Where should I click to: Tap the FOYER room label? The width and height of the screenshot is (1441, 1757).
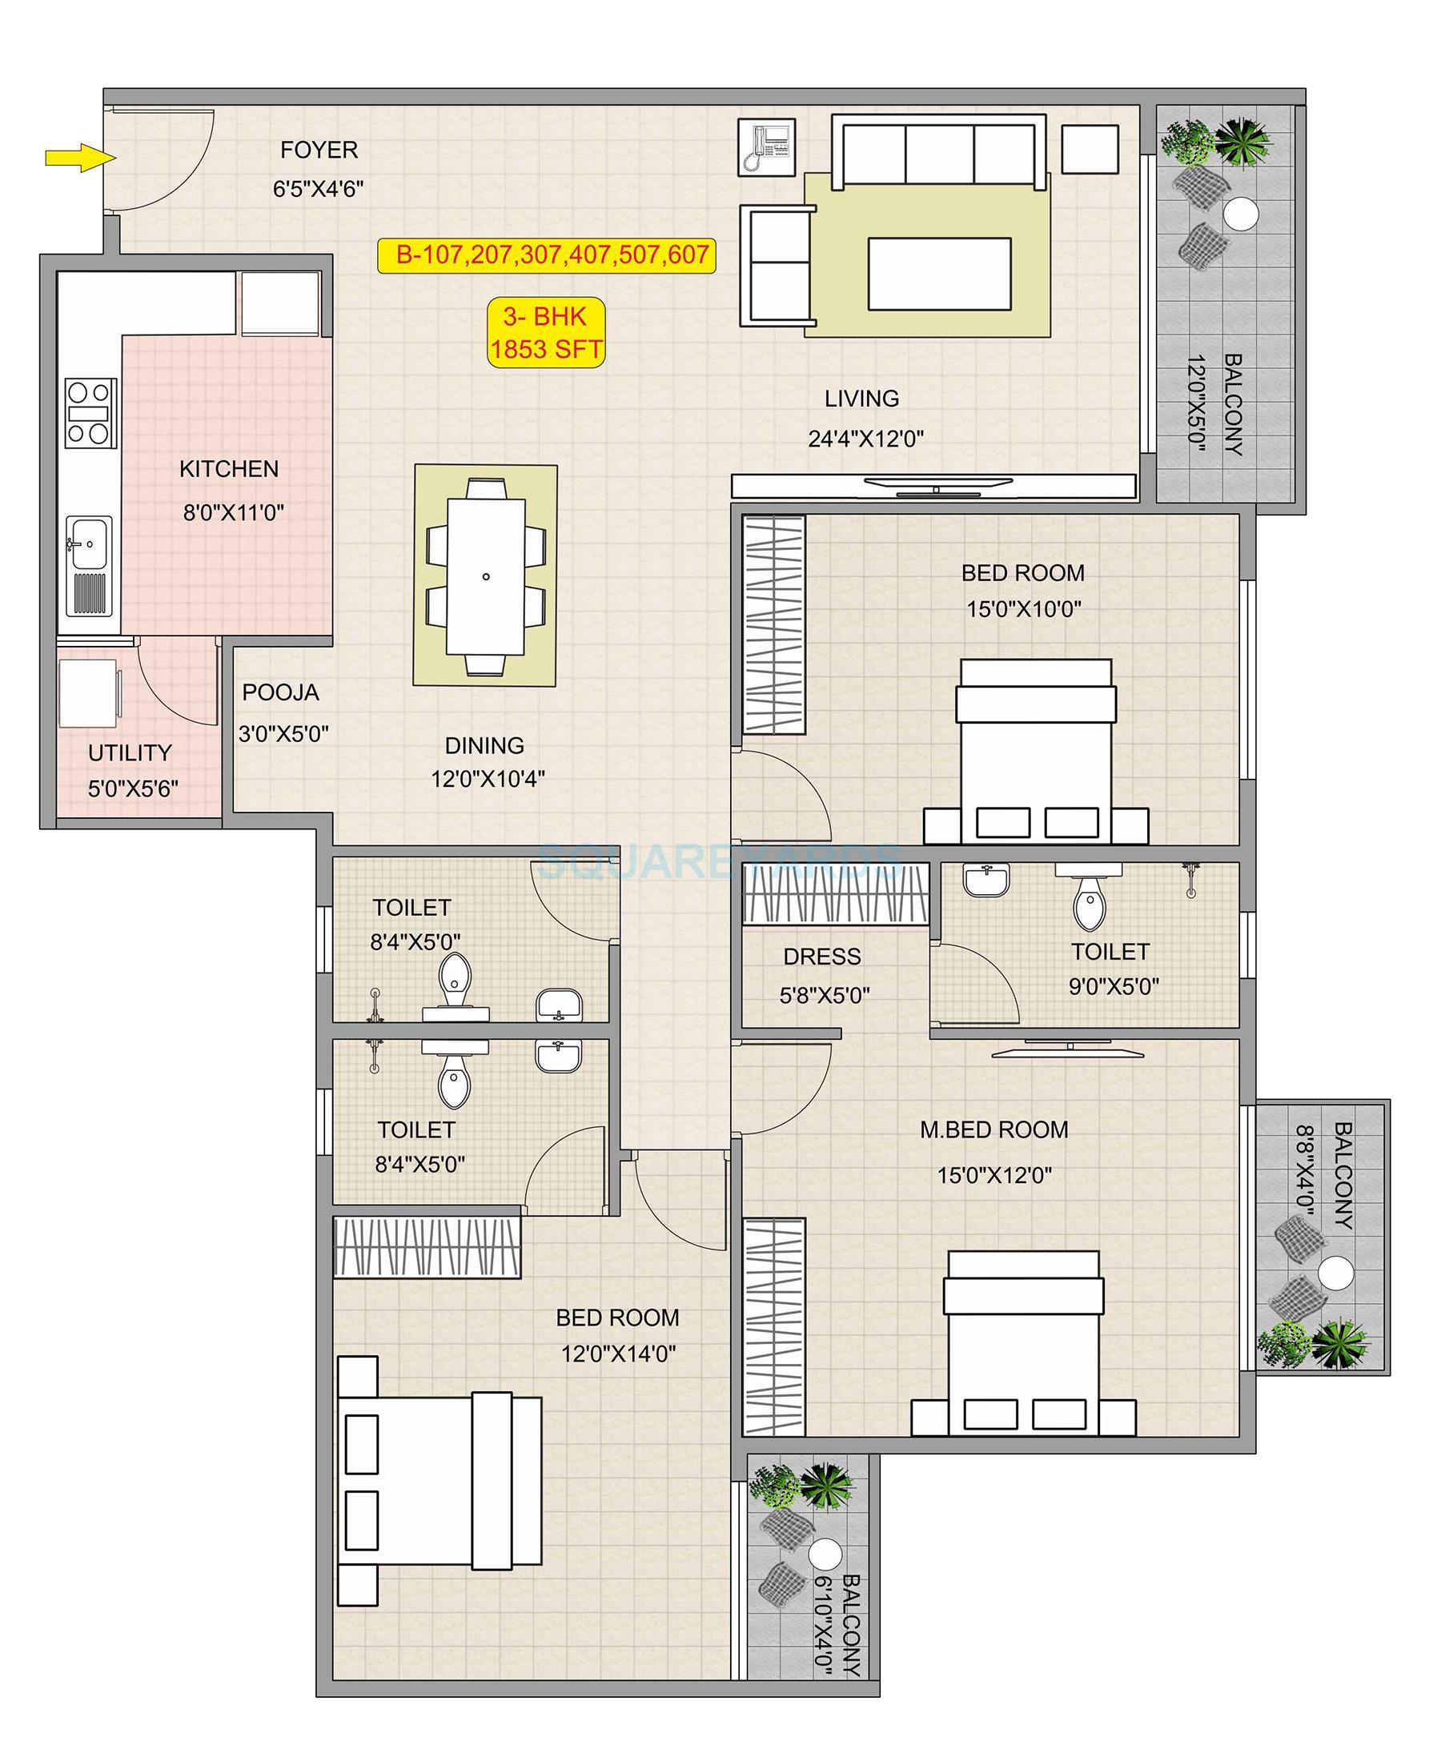click(x=319, y=150)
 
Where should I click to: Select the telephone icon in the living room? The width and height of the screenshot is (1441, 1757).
click(x=767, y=147)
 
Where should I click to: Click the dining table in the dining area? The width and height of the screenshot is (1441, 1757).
click(x=486, y=576)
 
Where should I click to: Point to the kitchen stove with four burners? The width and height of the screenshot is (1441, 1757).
click(x=90, y=413)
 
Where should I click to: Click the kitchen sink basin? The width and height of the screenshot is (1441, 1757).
click(x=88, y=543)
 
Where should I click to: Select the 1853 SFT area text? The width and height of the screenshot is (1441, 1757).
click(x=545, y=350)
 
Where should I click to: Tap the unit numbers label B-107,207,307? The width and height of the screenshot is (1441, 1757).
click(x=546, y=255)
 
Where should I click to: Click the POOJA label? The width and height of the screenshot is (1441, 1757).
click(x=279, y=692)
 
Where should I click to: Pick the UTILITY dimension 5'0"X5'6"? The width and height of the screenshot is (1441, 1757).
click(x=133, y=788)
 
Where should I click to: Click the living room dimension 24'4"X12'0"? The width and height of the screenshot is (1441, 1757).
click(x=865, y=439)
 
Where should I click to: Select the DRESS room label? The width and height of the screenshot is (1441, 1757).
click(x=821, y=956)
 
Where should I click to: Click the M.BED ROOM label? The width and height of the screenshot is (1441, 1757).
click(x=993, y=1129)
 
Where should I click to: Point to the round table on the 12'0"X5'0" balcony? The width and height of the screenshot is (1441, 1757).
click(x=1240, y=215)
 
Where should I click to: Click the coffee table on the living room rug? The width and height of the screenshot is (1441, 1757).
click(x=940, y=274)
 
